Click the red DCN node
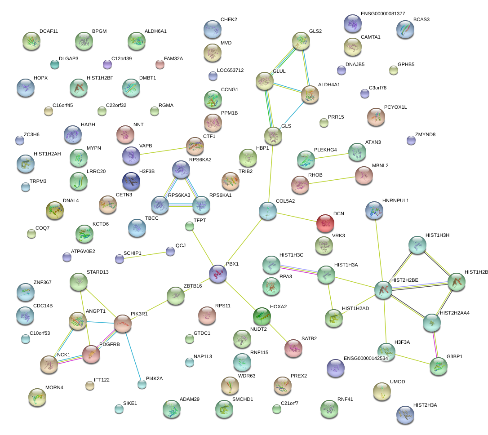325,223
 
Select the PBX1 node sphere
218,274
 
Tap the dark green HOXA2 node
262,316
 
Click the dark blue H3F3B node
131,181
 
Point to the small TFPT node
190,226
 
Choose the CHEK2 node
213,29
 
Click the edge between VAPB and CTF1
163,151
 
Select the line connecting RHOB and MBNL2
332,180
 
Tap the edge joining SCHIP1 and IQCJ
145,255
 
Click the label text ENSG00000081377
383,13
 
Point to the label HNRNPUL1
395,201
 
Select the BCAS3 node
405,29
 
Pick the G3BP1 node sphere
439,366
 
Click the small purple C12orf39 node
107,64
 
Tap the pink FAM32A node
160,64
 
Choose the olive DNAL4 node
55,210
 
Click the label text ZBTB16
193,286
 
